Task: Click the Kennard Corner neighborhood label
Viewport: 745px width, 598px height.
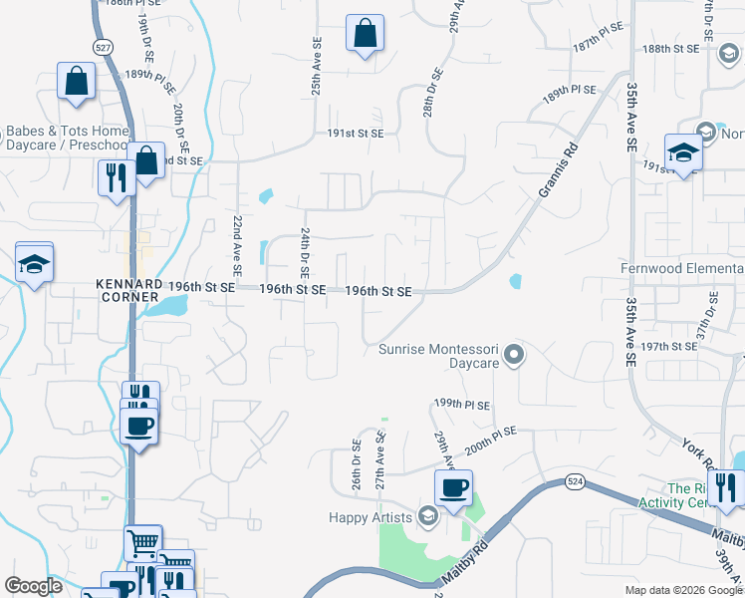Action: click(x=129, y=290)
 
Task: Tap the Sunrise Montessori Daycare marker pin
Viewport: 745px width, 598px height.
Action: click(x=514, y=354)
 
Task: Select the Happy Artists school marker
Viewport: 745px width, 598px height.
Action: click(x=427, y=515)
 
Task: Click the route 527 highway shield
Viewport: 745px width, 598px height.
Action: click(x=103, y=47)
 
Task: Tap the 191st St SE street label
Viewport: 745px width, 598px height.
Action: click(x=356, y=132)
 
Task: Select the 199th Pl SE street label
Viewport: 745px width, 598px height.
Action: click(x=462, y=404)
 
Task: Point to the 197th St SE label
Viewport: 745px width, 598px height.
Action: click(x=669, y=346)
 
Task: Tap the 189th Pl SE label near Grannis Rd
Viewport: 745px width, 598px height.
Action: click(x=569, y=91)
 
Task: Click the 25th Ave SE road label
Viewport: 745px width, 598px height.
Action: click(x=315, y=69)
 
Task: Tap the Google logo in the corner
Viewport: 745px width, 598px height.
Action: click(x=33, y=586)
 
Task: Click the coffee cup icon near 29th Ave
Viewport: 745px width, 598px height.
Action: click(x=454, y=488)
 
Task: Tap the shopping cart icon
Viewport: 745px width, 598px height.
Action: click(x=142, y=543)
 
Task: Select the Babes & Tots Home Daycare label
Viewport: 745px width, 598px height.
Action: click(x=68, y=138)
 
